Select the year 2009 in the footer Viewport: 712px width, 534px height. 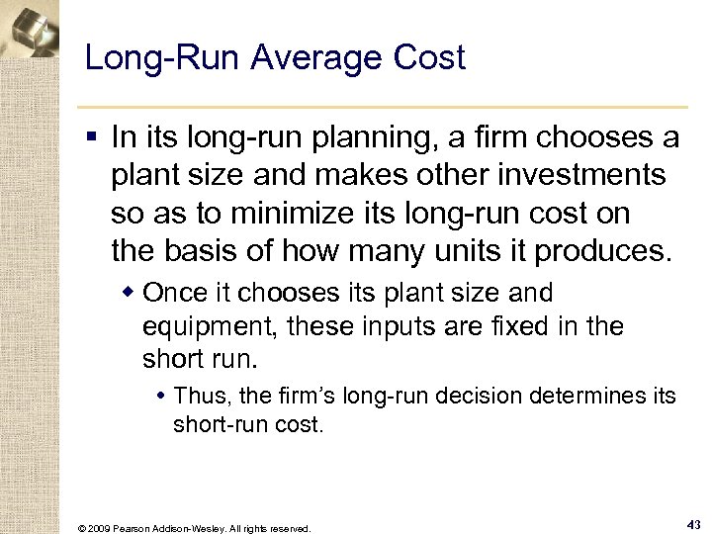coord(101,528)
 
